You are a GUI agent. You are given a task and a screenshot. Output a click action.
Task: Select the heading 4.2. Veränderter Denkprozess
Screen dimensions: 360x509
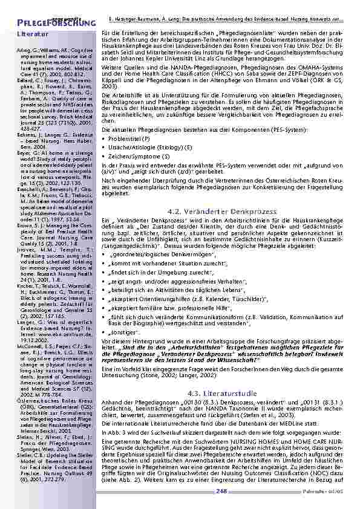[201, 211]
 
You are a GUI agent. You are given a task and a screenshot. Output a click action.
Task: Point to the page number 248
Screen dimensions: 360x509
[221, 491]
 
